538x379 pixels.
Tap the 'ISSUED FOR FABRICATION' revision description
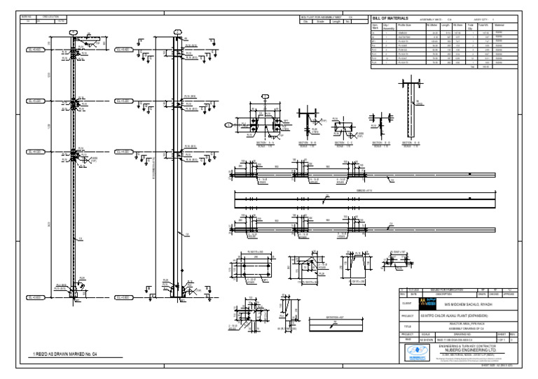tap(446, 289)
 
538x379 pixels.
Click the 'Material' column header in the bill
tap(499, 25)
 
